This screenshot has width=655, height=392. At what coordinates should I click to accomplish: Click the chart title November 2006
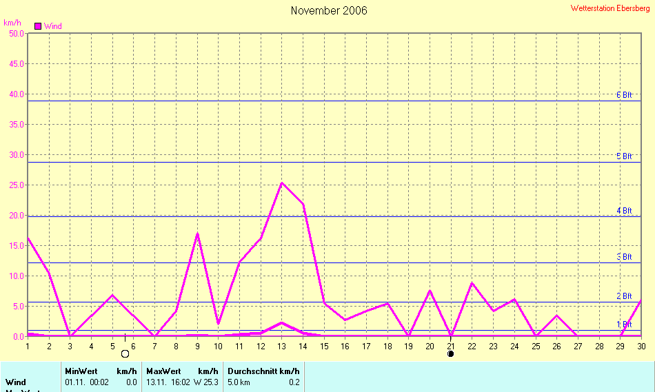(329, 10)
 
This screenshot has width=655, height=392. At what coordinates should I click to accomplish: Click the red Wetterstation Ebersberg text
(610, 8)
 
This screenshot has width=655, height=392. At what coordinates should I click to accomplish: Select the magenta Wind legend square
(38, 26)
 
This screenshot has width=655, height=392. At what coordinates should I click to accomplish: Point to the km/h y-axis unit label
(12, 23)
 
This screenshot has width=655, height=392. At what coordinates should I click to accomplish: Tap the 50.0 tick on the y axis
(14, 33)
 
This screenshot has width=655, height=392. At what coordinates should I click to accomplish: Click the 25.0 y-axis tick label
(14, 185)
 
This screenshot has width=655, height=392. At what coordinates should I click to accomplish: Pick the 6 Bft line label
(624, 95)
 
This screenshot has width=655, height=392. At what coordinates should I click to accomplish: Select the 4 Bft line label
(624, 210)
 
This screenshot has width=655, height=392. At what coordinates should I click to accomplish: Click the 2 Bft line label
(624, 296)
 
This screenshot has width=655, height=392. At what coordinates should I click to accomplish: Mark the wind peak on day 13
(281, 183)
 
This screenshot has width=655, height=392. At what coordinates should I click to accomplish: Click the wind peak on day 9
(197, 234)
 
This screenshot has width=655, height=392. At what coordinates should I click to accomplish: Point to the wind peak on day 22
(472, 283)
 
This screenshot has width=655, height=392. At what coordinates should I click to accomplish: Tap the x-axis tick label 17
(366, 346)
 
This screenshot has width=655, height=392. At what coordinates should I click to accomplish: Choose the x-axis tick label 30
(641, 346)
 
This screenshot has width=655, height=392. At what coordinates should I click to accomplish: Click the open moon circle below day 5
(125, 353)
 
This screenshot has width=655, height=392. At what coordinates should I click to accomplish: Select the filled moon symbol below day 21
(450, 353)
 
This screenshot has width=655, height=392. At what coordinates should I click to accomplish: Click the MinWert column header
(81, 371)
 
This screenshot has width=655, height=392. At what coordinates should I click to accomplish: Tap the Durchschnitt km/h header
(263, 371)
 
